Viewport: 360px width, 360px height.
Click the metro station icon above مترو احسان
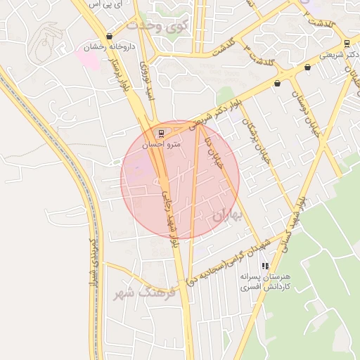coord(162,133)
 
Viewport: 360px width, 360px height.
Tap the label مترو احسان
coord(162,143)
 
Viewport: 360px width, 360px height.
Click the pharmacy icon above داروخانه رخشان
coord(108,37)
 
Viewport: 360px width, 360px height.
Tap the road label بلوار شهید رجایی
coord(169,218)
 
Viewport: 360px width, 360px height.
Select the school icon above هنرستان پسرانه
coord(265,266)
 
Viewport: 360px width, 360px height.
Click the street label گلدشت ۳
coord(261,56)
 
